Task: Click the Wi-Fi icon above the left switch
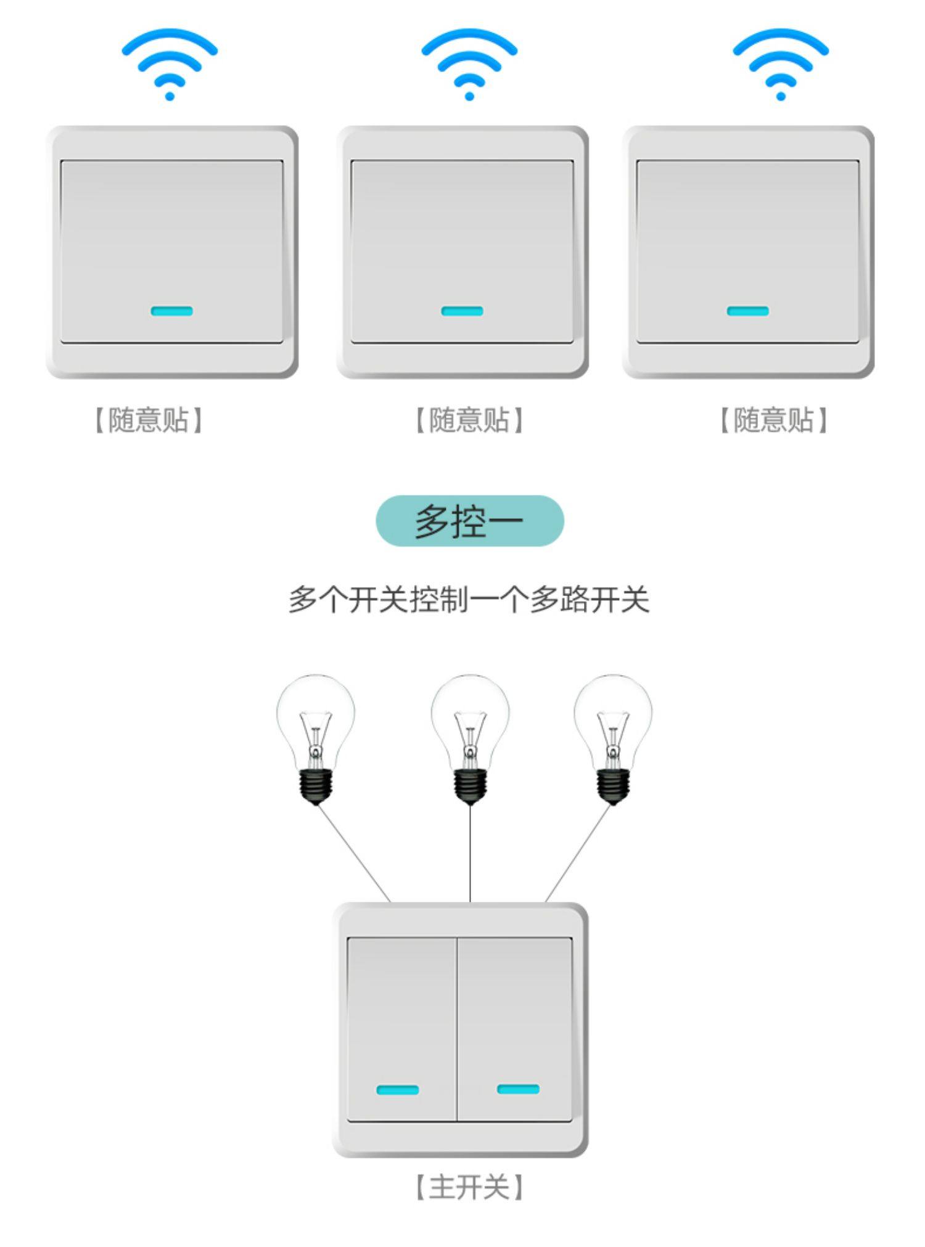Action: coord(170,63)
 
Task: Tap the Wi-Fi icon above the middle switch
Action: coord(469,63)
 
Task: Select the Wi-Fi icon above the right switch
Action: coord(780,63)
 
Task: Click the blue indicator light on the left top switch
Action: coord(171,311)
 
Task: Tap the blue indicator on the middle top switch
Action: coord(462,311)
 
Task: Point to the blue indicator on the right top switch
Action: coord(747,311)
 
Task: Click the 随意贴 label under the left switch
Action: coord(148,420)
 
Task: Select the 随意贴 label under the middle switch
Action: coord(469,420)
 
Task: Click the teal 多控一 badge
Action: coord(469,521)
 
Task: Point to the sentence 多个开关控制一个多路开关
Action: coord(469,599)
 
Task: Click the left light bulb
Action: coord(315,721)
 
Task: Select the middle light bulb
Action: coord(470,721)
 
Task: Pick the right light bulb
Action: coord(612,721)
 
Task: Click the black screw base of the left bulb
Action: coord(316,786)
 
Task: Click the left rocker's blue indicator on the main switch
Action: coord(397,1090)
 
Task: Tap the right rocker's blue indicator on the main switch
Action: coord(518,1089)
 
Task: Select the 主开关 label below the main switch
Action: coord(469,1187)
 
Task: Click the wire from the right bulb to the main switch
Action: coord(577,854)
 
